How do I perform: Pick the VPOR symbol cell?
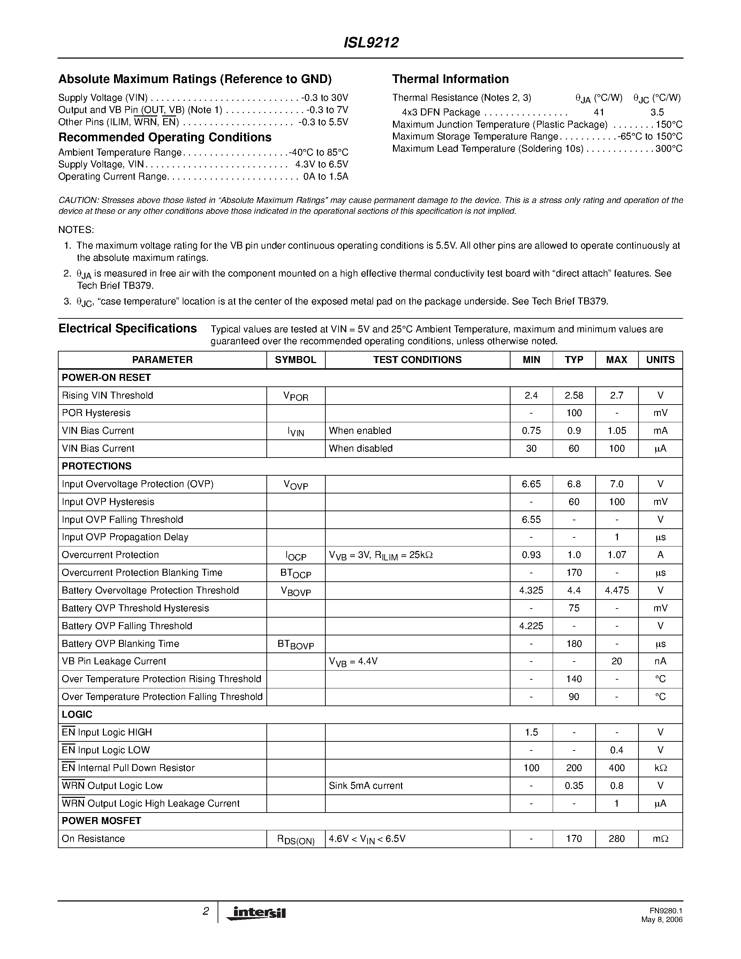tap(295, 396)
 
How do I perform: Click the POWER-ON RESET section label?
tap(106, 378)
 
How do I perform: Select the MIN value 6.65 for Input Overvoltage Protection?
tap(531, 484)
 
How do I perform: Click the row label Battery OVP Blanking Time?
tap(120, 644)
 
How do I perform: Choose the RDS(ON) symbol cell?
tap(295, 840)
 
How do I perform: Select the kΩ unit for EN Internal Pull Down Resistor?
tap(660, 768)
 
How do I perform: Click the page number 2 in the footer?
tap(205, 912)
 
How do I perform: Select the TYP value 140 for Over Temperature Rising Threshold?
tap(574, 679)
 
